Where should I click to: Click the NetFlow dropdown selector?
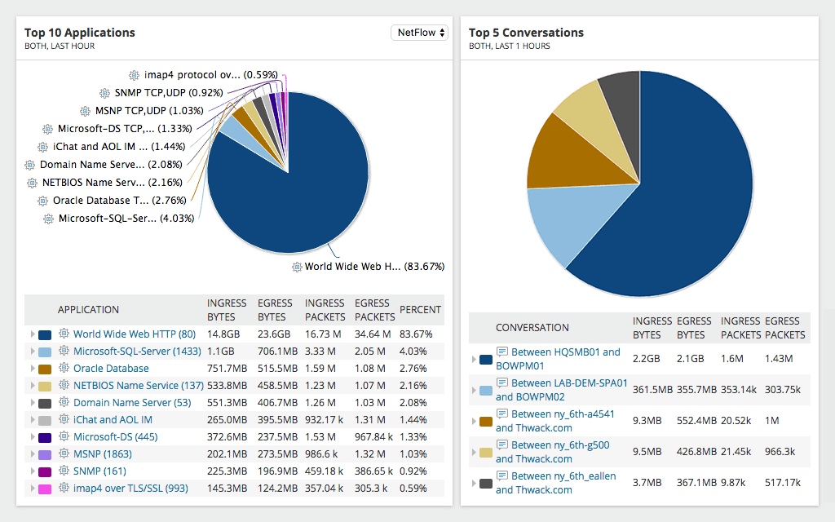pos(419,33)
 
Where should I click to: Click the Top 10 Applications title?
pos(80,33)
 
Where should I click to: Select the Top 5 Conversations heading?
pos(526,33)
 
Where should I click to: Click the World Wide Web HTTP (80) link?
pos(134,334)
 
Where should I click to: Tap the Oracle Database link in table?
pos(111,368)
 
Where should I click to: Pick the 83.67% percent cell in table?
pos(416,334)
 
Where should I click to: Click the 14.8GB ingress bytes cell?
pos(223,334)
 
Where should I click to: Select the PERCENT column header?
pos(420,310)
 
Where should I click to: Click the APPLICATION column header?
pos(88,310)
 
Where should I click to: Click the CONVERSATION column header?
pos(532,328)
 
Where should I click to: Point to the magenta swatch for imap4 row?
pos(45,489)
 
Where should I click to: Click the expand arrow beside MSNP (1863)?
pos(32,454)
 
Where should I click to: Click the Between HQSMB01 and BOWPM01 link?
pos(558,359)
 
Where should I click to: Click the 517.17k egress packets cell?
pos(783,483)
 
